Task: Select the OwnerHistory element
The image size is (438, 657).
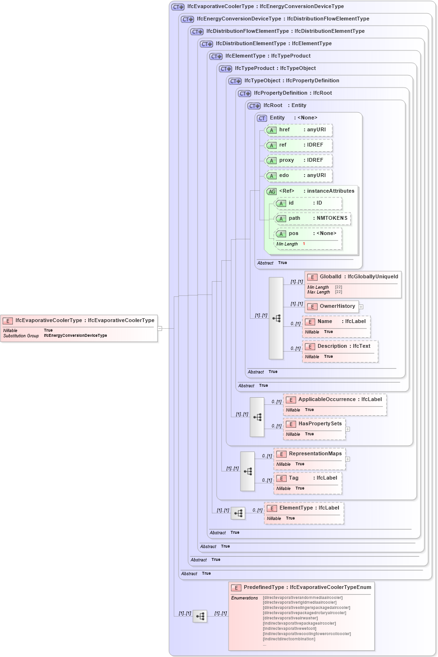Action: point(332,306)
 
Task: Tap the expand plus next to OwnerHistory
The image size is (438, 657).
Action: point(361,307)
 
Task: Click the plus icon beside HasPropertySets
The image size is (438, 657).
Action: point(348,429)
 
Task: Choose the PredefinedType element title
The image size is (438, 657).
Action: point(302,588)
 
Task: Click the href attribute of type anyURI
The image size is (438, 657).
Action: point(299,130)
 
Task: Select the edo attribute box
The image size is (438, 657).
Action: point(299,176)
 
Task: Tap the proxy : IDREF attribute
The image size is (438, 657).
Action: point(299,160)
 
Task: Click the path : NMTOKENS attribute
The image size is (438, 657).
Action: point(313,218)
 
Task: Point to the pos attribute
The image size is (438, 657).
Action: point(309,234)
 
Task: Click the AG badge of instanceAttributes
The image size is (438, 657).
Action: point(271,192)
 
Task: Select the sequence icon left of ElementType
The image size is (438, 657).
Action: point(238,513)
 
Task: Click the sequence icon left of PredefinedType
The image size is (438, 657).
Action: point(200,617)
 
